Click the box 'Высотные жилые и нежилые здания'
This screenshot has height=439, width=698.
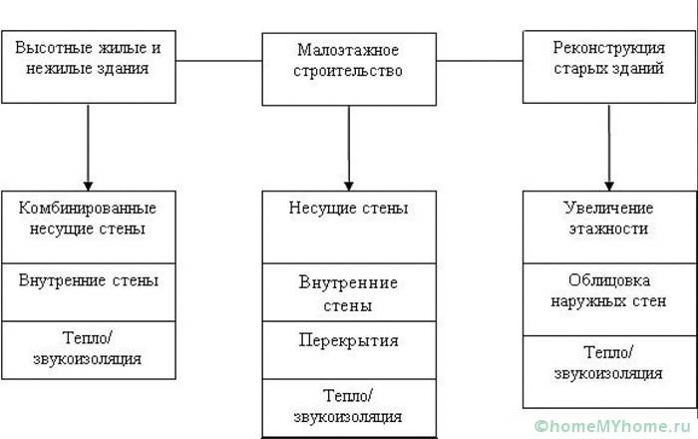[88, 66]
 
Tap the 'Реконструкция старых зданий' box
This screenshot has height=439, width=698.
[609, 66]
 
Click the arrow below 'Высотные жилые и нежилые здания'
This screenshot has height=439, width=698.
[88, 146]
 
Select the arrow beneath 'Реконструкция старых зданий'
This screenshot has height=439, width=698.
[609, 146]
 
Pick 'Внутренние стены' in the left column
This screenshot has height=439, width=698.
[88, 291]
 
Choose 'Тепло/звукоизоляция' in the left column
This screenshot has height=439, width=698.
[88, 349]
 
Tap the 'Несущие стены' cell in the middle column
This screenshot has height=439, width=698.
[349, 224]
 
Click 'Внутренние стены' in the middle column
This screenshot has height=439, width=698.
[349, 293]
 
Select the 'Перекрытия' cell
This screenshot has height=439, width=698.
[349, 349]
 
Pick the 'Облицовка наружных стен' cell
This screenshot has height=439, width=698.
[609, 299]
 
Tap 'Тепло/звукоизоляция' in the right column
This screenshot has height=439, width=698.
[609, 371]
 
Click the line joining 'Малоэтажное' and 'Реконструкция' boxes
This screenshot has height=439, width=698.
[480, 61]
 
